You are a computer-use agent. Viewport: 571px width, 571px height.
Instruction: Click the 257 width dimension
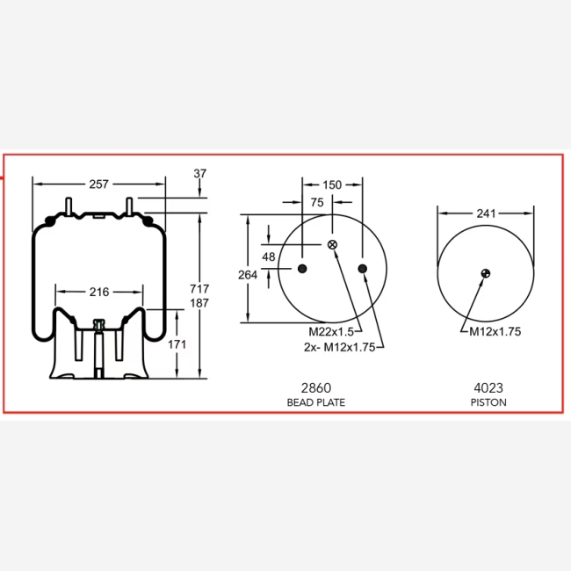point(98,184)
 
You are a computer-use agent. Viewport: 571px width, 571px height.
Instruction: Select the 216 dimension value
point(99,292)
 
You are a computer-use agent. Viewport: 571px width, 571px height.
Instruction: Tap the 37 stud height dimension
point(200,173)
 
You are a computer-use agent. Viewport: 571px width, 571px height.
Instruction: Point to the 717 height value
point(199,289)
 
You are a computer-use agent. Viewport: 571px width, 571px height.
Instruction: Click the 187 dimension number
point(199,303)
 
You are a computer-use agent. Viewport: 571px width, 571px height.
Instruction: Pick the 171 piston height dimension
point(177,344)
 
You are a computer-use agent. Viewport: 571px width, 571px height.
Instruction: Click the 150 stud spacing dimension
point(332,185)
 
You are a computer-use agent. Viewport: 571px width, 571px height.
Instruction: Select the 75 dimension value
point(317,202)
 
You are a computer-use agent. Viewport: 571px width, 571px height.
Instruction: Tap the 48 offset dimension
point(269,257)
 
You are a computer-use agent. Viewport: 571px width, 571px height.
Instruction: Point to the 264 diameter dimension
point(248,275)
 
